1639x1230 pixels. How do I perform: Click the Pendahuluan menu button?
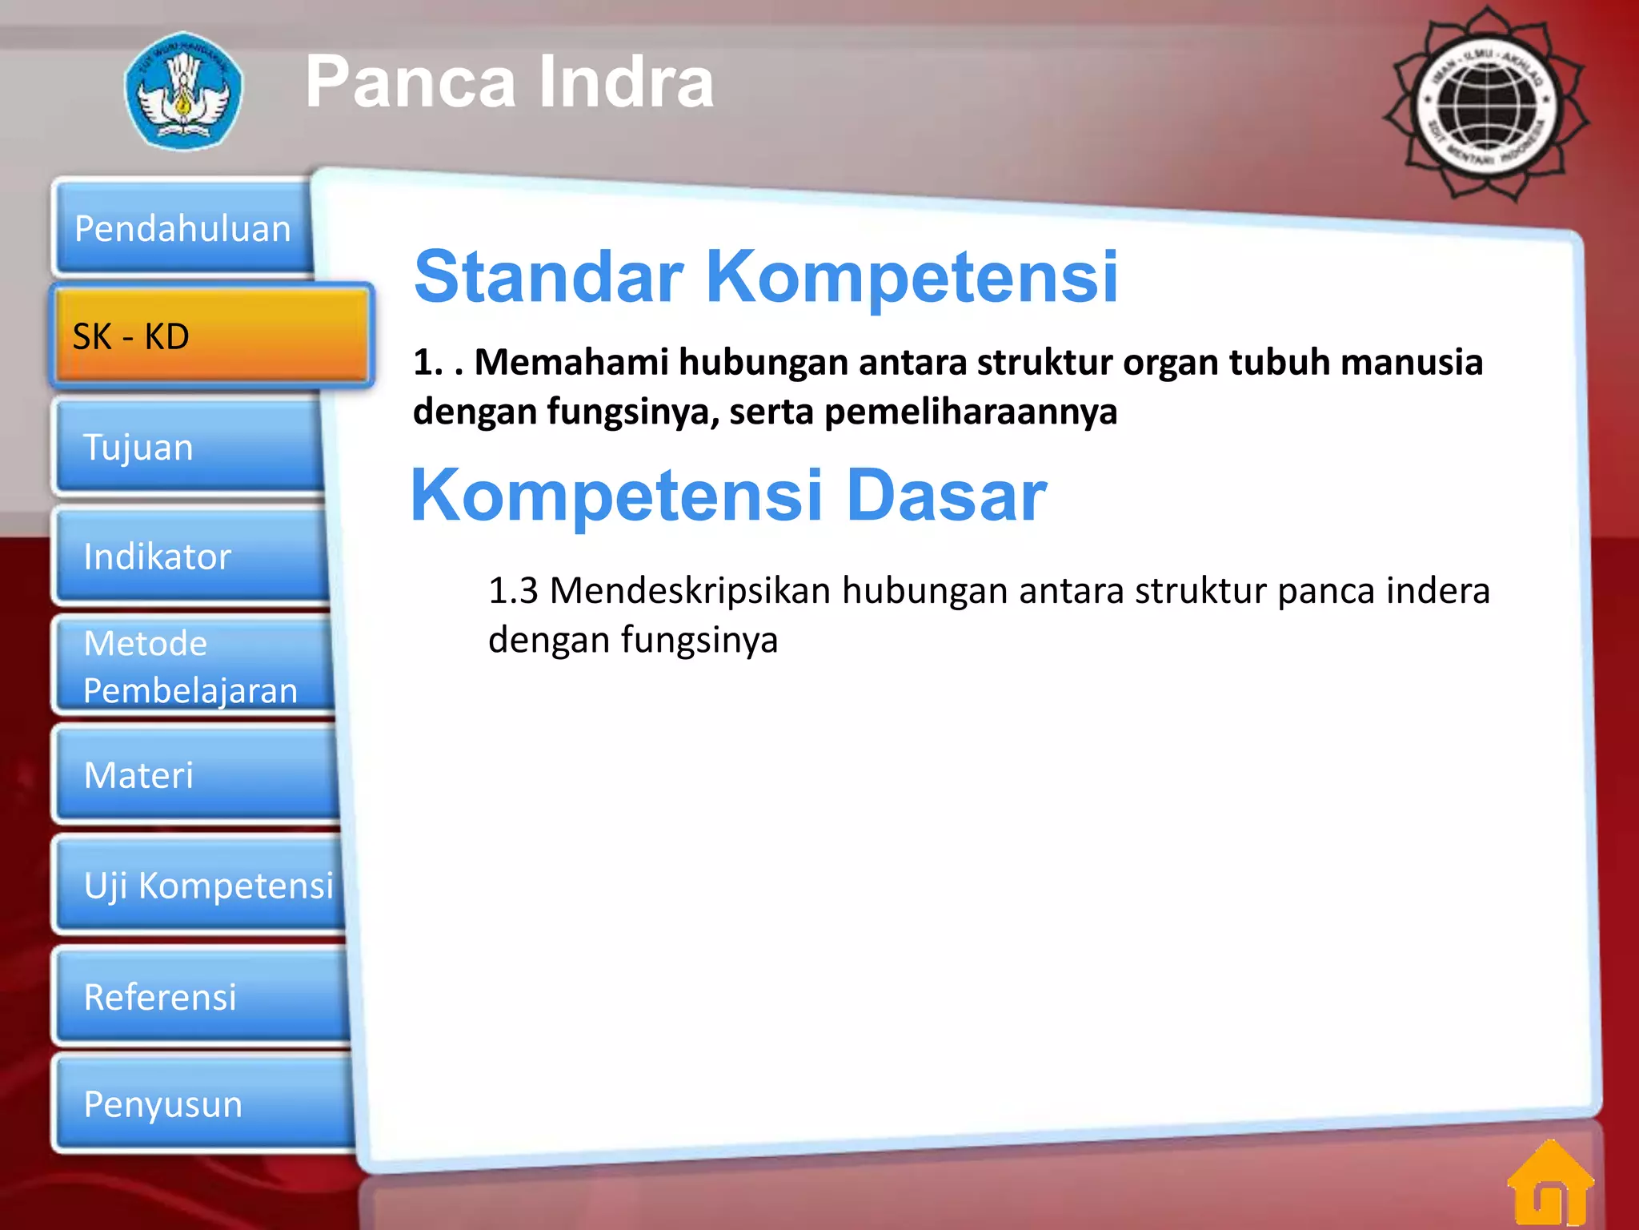pyautogui.click(x=182, y=228)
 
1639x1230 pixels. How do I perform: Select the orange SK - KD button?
pyautogui.click(x=211, y=336)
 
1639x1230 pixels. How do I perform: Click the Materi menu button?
pyautogui.click(x=196, y=775)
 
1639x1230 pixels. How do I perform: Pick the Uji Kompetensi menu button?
pyautogui.click(x=200, y=885)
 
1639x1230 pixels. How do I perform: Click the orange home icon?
pyautogui.click(x=1550, y=1184)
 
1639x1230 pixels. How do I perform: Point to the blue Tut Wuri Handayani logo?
pyautogui.click(x=183, y=90)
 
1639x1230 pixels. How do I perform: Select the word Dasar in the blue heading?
pyautogui.click(x=946, y=496)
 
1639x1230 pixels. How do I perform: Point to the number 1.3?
pyautogui.click(x=513, y=591)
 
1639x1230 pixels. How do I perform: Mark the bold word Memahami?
pyautogui.click(x=571, y=362)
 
